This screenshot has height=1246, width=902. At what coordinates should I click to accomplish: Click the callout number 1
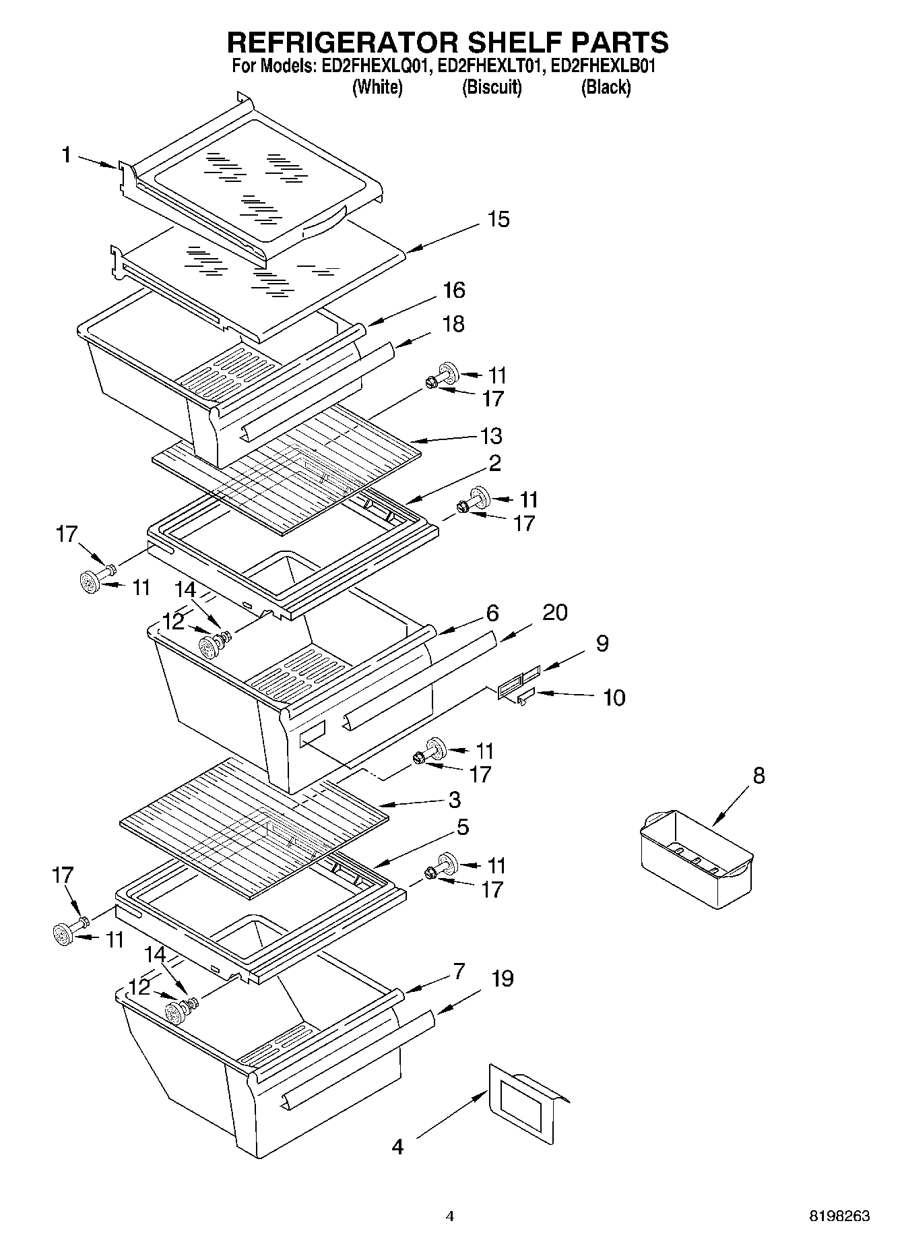tap(66, 156)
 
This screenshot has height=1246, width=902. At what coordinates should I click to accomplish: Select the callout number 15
tap(498, 220)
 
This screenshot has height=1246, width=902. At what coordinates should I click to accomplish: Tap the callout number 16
tap(453, 290)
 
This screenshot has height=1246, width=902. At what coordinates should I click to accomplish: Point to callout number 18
tap(453, 324)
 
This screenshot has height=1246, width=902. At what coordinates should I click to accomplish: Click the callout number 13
tap(491, 436)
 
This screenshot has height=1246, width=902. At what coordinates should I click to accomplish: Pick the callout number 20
tap(554, 613)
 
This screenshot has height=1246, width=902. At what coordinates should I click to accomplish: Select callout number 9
tap(602, 644)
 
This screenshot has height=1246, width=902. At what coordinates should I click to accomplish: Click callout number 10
tap(614, 697)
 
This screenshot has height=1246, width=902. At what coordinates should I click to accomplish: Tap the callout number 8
tap(759, 776)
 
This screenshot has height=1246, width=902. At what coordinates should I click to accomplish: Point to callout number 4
tap(397, 1146)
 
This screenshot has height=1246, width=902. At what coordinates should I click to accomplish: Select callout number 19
tap(502, 978)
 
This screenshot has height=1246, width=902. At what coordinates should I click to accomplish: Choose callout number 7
tap(459, 971)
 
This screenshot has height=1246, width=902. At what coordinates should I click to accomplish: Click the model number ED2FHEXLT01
tap(491, 66)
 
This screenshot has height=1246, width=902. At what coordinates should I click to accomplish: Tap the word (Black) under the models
tap(606, 88)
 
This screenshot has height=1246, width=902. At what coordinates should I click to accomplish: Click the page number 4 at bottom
tap(450, 1216)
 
